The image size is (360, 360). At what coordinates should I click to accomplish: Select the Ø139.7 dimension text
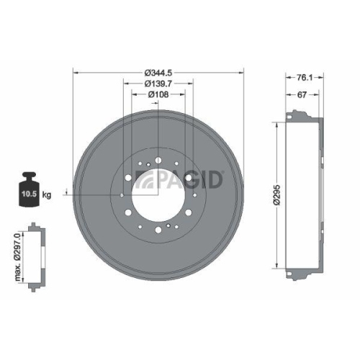(x=159, y=84)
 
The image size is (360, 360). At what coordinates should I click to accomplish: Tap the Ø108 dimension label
(x=158, y=94)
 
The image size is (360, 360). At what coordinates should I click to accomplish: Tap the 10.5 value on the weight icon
(x=27, y=194)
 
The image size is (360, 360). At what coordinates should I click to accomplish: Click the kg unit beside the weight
(x=47, y=195)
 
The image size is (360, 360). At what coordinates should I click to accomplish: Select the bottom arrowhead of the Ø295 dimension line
(x=277, y=264)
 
